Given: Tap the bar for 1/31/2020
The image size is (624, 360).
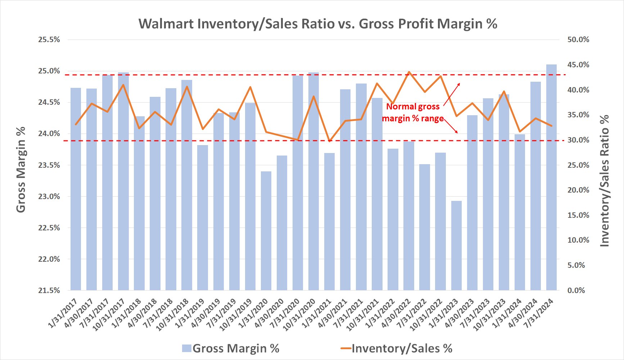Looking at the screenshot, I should click(266, 230).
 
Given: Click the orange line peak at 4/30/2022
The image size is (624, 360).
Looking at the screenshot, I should click(409, 72).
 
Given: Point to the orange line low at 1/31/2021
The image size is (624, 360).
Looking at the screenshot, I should click(330, 141).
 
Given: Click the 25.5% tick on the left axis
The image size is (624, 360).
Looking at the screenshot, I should click(49, 40).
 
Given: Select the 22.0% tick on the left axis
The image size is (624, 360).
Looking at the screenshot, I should click(49, 259).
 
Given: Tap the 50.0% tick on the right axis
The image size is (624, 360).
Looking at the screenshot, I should click(578, 40).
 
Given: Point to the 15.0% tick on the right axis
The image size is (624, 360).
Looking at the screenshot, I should click(578, 215).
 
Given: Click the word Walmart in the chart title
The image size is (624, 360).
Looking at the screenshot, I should click(166, 24).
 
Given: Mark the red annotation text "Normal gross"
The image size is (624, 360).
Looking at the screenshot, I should click(413, 107).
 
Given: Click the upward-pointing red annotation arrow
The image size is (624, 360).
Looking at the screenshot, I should click(452, 94).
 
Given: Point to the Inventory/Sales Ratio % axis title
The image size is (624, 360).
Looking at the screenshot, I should click(605, 181).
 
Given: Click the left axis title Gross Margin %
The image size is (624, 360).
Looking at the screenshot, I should click(21, 170).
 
